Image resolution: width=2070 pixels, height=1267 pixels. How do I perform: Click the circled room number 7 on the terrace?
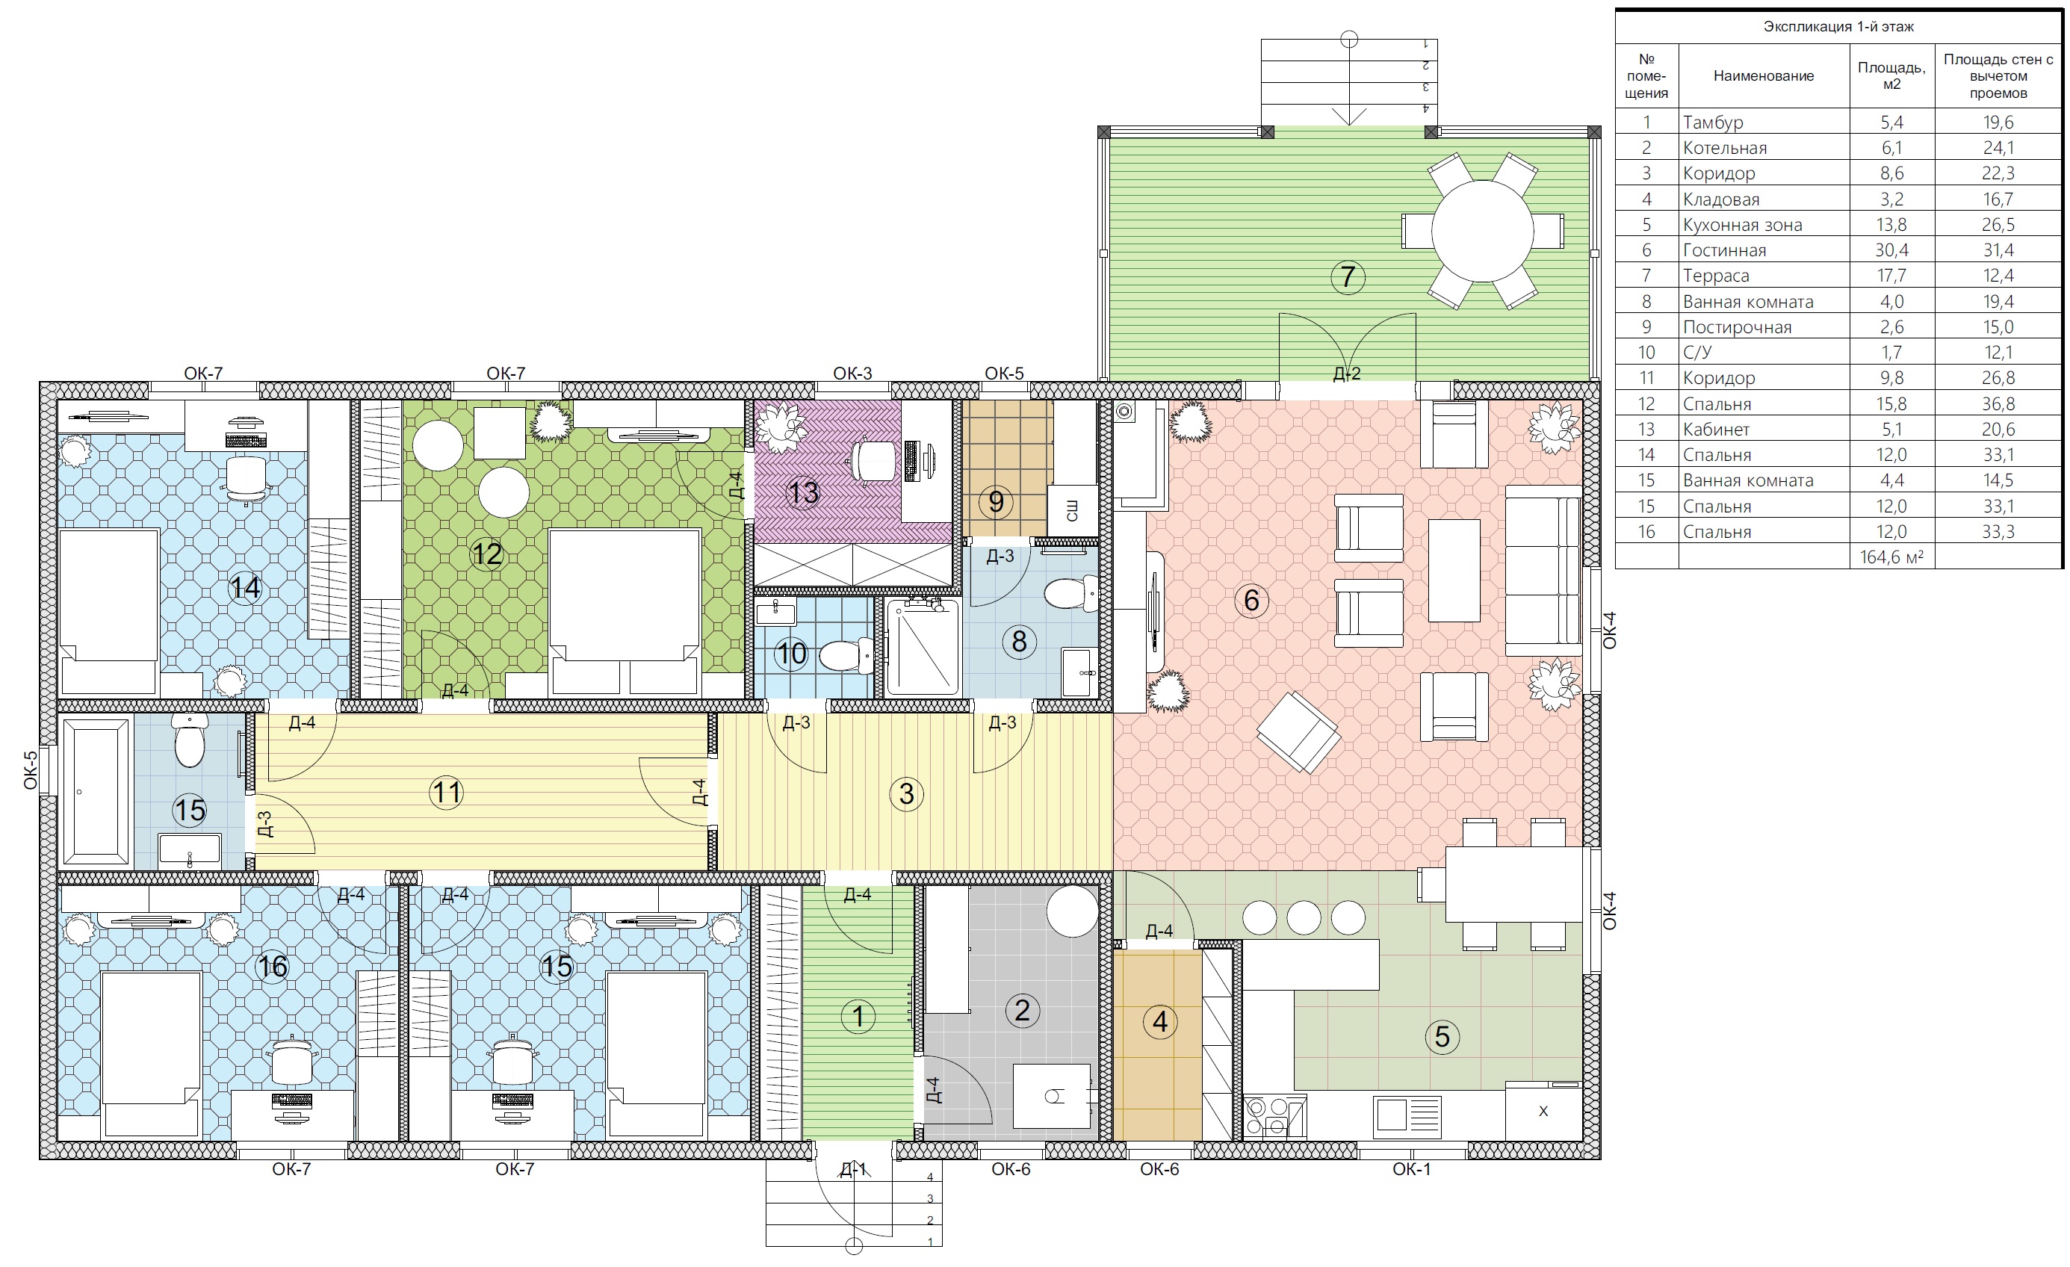point(1348,276)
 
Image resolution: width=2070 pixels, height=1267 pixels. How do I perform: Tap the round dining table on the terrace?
point(1483,231)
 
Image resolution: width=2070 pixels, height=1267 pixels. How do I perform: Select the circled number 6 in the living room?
point(1251,600)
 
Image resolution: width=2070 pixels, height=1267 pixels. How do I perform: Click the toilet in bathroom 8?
point(1070,593)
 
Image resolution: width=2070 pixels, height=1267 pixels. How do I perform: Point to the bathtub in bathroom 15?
point(96,791)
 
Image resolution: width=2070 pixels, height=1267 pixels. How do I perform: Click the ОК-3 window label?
point(852,373)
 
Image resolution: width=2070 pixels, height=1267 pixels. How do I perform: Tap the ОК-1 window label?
point(1411,1168)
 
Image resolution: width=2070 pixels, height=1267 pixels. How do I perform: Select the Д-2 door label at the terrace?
point(1347,373)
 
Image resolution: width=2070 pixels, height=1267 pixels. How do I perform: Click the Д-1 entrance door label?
point(852,1168)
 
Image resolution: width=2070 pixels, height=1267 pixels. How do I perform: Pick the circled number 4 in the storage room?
point(1159,1022)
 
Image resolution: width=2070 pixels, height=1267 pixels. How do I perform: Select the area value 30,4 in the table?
point(1891,250)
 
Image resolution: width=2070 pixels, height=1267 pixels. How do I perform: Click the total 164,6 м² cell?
point(1891,557)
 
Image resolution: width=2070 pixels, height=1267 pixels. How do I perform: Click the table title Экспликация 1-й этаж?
point(1838,27)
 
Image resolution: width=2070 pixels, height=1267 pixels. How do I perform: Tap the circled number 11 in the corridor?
point(446,793)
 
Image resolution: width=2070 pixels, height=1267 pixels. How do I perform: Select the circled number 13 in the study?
point(802,492)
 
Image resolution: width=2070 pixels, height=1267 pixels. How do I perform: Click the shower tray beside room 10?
point(923,647)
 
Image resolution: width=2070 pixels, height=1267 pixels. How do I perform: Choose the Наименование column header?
point(1764,75)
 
